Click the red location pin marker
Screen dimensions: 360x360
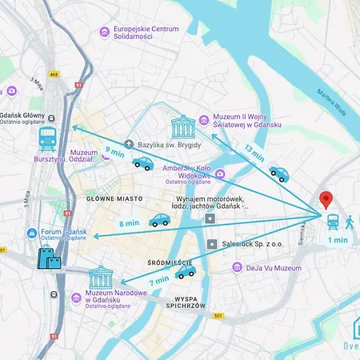326,201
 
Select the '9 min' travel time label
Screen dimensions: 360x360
114,151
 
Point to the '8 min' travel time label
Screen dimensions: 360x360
128,224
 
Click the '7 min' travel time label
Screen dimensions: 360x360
158,280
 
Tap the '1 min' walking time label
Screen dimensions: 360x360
338,239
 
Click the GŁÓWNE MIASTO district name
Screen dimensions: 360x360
114,198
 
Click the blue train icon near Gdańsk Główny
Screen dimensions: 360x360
47,139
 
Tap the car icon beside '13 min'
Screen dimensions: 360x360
278,173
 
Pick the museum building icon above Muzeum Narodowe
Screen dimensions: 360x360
102,278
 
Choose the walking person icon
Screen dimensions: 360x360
349,221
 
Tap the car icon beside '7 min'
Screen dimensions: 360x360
186,273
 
